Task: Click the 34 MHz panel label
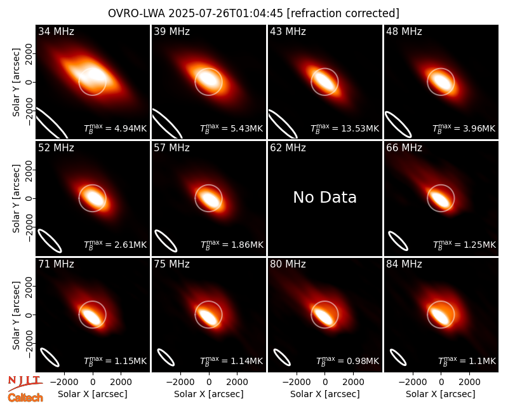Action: pyautogui.click(x=56, y=31)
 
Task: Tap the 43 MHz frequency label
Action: pyautogui.click(x=288, y=31)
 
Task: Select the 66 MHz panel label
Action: pyautogui.click(x=404, y=148)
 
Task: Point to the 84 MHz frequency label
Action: pyautogui.click(x=404, y=264)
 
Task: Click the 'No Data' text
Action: pyautogui.click(x=324, y=197)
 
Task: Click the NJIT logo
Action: pyautogui.click(x=25, y=383)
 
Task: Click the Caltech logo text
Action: pyautogui.click(x=25, y=398)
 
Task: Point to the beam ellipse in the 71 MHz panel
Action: pyautogui.click(x=50, y=357)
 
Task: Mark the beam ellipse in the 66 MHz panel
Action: pyautogui.click(x=398, y=241)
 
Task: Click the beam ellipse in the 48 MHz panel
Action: pyautogui.click(x=398, y=125)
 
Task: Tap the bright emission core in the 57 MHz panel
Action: pyautogui.click(x=210, y=197)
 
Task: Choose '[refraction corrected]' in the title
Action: pyautogui.click(x=343, y=13)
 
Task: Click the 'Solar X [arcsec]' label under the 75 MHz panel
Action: pyautogui.click(x=209, y=394)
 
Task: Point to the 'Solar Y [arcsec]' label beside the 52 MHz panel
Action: pyautogui.click(x=17, y=198)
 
